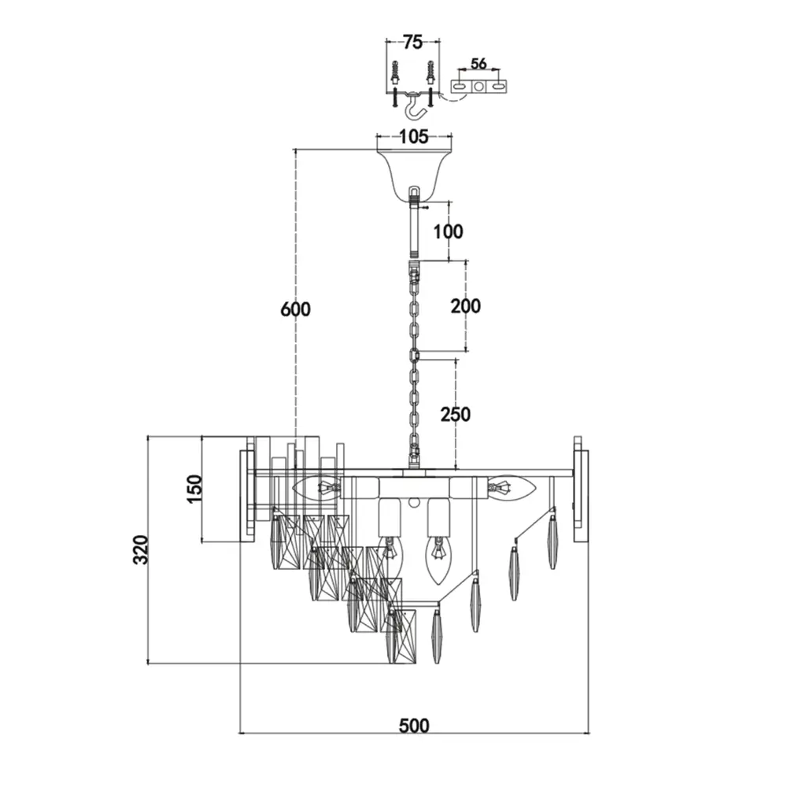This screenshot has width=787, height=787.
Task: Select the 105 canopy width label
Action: click(413, 137)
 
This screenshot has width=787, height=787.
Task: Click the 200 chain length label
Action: click(465, 305)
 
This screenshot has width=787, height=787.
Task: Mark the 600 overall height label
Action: click(295, 309)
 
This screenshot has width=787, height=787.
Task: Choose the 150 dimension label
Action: click(194, 490)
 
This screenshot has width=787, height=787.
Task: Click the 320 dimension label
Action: click(140, 550)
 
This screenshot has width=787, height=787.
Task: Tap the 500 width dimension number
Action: click(414, 725)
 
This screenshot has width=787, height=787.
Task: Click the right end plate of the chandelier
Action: click(582, 496)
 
